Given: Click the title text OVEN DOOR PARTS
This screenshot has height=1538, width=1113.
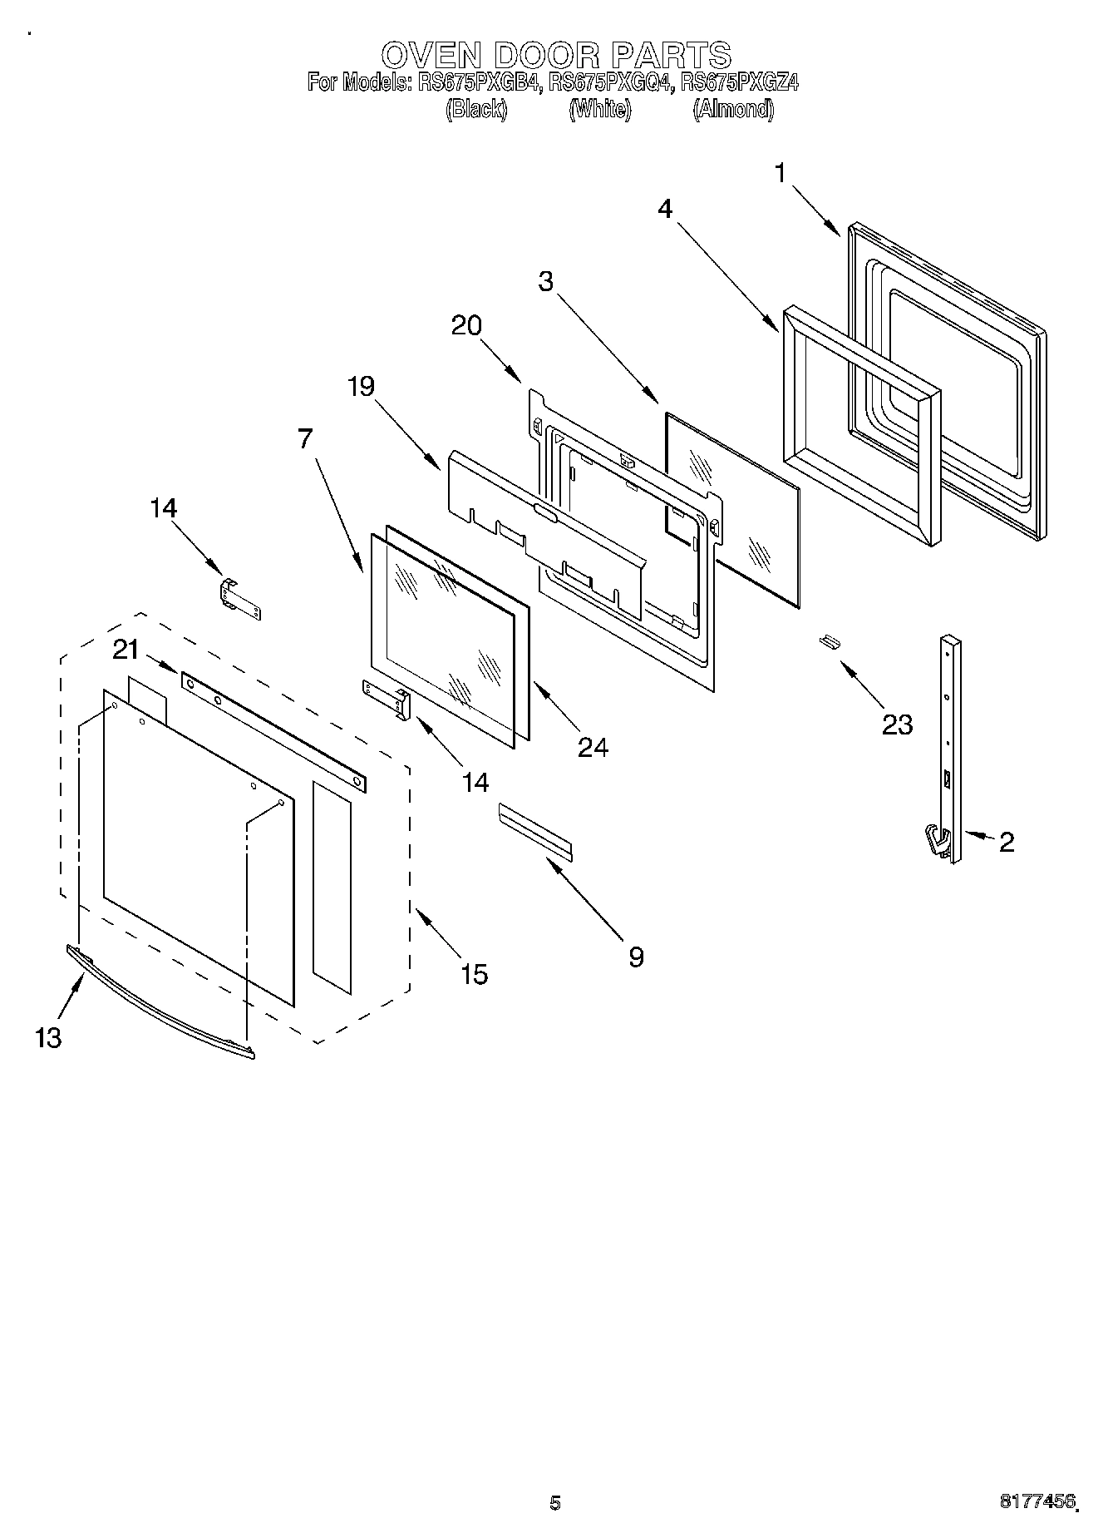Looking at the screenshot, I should coord(556,55).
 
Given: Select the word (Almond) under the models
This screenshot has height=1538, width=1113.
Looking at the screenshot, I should coord(733,109).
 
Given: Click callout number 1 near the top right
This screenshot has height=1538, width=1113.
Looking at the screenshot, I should coord(780,173).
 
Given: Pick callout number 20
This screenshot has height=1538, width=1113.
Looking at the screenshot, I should coord(466,325).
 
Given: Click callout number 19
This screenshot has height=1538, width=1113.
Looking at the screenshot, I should coord(362,386).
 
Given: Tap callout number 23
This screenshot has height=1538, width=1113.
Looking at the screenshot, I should coord(897,724).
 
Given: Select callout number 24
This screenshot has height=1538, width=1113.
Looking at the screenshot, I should coord(593,747).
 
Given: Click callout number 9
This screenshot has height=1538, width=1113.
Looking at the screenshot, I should coord(635,957).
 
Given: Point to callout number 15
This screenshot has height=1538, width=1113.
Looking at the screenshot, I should coord(474,974).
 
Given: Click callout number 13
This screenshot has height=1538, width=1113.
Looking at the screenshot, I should coord(48,1037).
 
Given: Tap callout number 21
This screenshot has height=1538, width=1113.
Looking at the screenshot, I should coord(126,650).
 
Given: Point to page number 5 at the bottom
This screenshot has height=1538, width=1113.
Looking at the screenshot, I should coord(555,1502).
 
